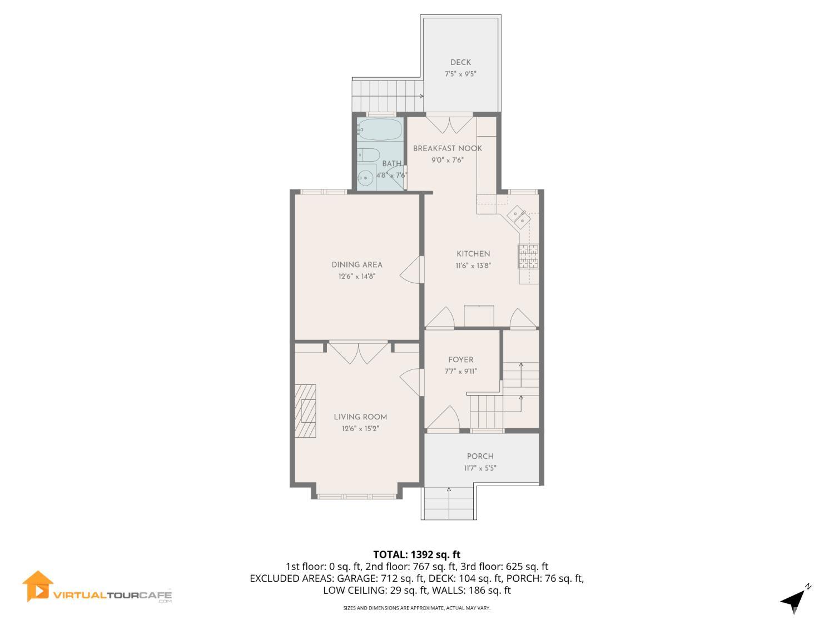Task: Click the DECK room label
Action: pyautogui.click(x=460, y=63)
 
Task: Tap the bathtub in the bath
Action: pyautogui.click(x=379, y=130)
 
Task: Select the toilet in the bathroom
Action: pyautogui.click(x=368, y=154)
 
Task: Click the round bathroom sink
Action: pyautogui.click(x=366, y=179)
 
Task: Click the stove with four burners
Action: pyautogui.click(x=529, y=256)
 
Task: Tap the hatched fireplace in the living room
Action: pyautogui.click(x=306, y=411)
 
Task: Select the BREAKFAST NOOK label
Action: pyautogui.click(x=447, y=148)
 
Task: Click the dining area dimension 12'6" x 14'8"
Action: pyautogui.click(x=357, y=276)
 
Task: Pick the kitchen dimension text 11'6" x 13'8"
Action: pyautogui.click(x=473, y=266)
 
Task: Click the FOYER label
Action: pyautogui.click(x=461, y=360)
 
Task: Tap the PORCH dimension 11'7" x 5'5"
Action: pyautogui.click(x=480, y=468)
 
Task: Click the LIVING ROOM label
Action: pyautogui.click(x=360, y=417)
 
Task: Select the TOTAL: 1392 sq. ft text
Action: pyautogui.click(x=416, y=554)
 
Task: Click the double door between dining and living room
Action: pyautogui.click(x=358, y=352)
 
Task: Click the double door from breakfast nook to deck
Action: pyautogui.click(x=450, y=124)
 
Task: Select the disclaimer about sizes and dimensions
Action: pyautogui.click(x=416, y=608)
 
